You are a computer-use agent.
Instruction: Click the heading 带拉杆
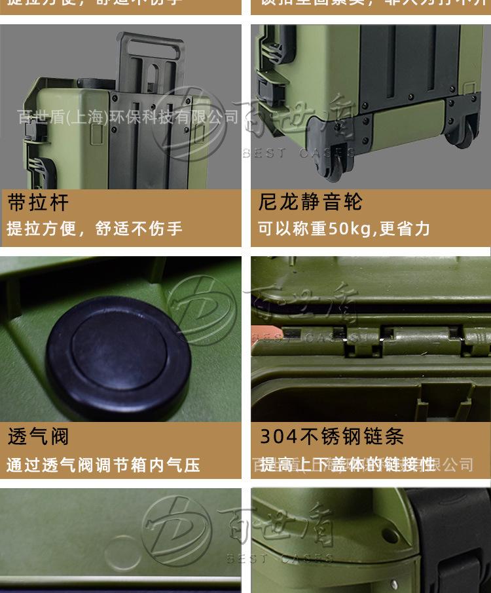pos(38,202)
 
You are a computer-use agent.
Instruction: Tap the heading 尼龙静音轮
pos(310,202)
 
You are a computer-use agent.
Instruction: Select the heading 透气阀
pos(38,436)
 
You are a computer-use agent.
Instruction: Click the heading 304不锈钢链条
pos(332,436)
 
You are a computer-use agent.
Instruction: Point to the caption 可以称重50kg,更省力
pos(344,229)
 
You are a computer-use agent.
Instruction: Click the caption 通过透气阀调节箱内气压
pos(103,465)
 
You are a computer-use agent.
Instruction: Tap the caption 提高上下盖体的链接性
pos(347,465)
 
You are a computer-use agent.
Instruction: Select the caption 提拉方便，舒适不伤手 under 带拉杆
pos(94,229)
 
